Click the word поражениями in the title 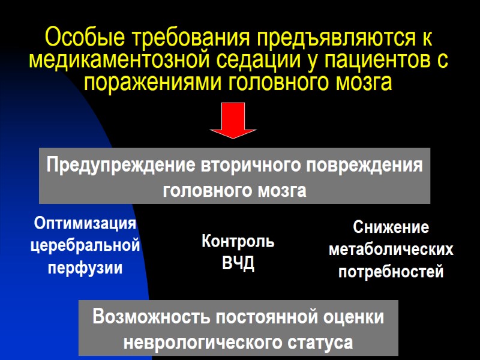tap(154, 82)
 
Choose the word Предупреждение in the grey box tap(121, 165)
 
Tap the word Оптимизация tap(85, 224)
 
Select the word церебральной tap(85, 245)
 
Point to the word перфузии tap(85, 268)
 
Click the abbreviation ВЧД tap(238, 264)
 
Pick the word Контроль tap(238, 242)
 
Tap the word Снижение tap(391, 228)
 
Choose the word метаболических tap(391, 250)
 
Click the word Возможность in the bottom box tap(152, 317)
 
